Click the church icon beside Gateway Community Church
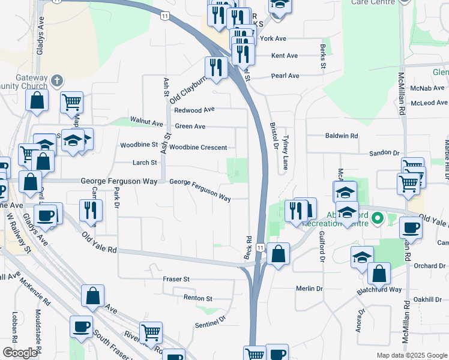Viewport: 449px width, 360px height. (57, 80)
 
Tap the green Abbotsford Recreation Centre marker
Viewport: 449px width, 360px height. (378, 218)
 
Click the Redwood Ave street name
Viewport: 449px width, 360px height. (194, 110)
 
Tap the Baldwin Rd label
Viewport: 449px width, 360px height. (341, 136)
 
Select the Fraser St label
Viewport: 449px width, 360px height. (176, 280)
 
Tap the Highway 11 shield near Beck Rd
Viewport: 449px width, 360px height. (259, 247)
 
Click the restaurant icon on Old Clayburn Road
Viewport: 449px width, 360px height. (215, 67)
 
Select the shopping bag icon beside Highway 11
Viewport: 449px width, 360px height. (279, 254)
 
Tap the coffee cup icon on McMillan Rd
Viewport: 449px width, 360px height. (411, 228)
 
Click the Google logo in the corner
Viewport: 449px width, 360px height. (20, 353)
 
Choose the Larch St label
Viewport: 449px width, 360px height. (145, 163)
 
